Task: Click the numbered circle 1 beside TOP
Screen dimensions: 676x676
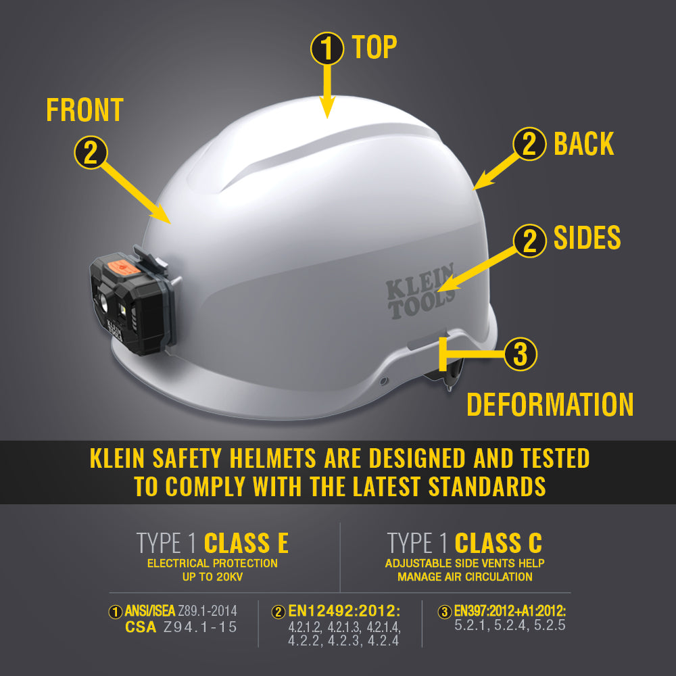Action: point(327,49)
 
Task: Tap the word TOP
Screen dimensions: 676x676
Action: point(375,47)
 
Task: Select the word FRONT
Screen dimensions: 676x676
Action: point(84,110)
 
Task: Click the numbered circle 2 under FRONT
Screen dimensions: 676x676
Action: point(91,152)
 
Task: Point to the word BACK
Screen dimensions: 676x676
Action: point(583,144)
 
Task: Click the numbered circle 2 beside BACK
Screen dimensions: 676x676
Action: point(530,145)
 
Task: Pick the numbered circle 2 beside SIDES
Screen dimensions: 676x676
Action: point(530,240)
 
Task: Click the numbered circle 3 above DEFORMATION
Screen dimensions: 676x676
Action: point(520,354)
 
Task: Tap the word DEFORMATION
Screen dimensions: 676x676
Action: point(550,404)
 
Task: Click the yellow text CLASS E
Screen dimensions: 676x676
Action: point(246,543)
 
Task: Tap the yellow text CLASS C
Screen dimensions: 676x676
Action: point(498,543)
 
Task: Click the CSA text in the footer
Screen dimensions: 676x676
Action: point(142,627)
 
